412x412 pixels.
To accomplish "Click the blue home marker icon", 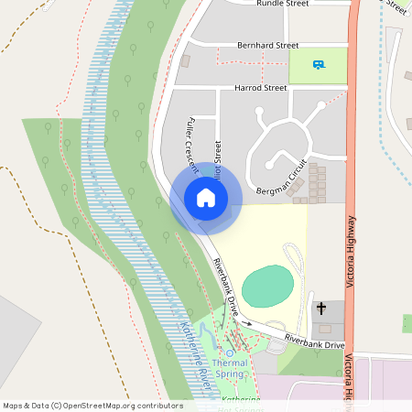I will point(205,198).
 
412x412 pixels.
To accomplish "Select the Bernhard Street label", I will point(268,44).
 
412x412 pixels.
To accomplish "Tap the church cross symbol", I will point(321,309).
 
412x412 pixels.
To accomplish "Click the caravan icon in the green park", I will point(319,64).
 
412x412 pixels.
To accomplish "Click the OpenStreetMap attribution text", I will point(93,405).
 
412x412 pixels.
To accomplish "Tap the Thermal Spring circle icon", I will point(231,352).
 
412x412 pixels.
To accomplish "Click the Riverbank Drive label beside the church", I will point(314,342).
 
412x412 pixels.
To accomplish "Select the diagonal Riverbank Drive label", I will point(225,287).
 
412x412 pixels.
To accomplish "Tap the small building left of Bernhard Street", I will point(185,61).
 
